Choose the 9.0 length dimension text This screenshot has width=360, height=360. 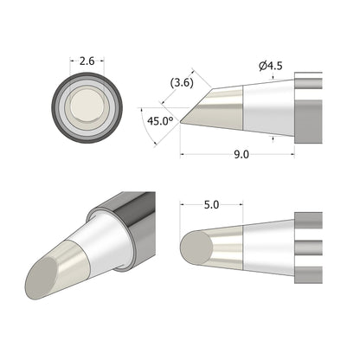coord(241,156)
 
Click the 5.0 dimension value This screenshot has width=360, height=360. coord(212,207)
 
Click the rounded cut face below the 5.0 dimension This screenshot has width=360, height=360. coord(197,250)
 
